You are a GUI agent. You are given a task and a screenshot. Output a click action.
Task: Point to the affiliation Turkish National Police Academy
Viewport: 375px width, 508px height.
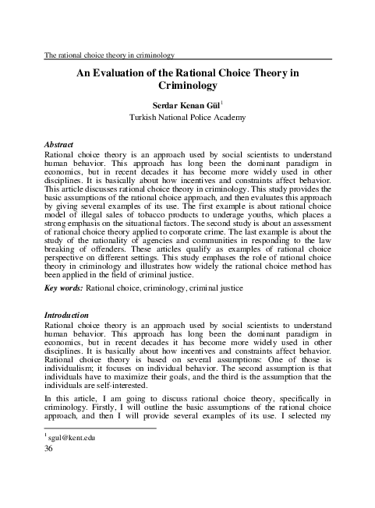pyautogui.click(x=187, y=118)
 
